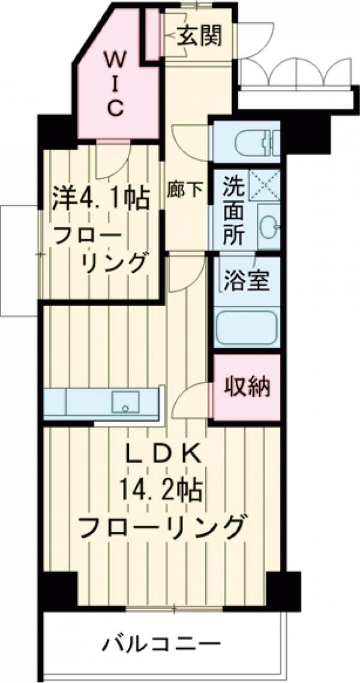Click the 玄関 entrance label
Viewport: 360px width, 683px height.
(199, 37)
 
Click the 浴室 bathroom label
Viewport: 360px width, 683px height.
(246, 281)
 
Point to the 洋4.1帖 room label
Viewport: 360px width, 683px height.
(100, 199)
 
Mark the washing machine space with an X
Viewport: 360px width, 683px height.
(265, 183)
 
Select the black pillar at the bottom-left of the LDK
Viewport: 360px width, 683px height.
(58, 588)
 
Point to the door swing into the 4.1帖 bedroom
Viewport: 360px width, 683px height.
(114, 161)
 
